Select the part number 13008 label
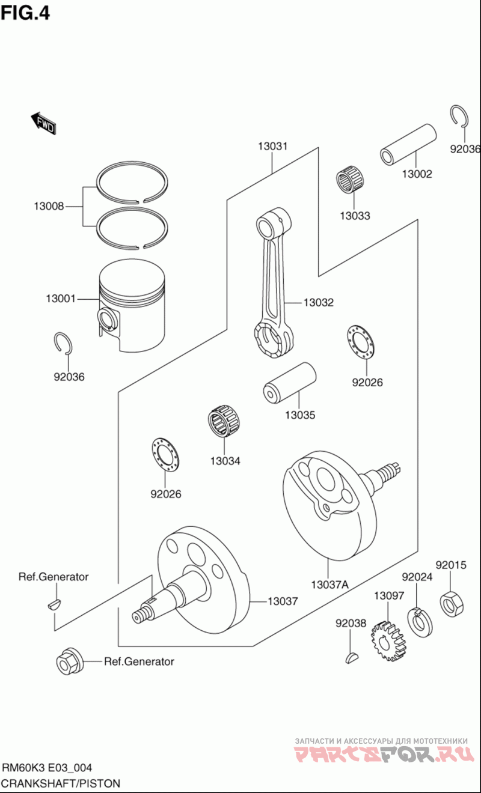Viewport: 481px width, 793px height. (x=49, y=207)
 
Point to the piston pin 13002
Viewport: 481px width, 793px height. (x=408, y=144)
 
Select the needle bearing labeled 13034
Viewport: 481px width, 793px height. (x=223, y=422)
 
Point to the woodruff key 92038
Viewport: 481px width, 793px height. (x=352, y=657)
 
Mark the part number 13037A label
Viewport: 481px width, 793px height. (x=330, y=583)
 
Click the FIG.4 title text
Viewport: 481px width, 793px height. (x=25, y=13)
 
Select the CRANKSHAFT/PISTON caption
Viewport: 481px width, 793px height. (x=61, y=783)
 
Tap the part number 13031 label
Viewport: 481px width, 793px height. (x=273, y=145)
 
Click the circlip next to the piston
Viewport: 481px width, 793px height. (x=64, y=343)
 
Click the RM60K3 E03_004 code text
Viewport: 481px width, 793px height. (x=47, y=768)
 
